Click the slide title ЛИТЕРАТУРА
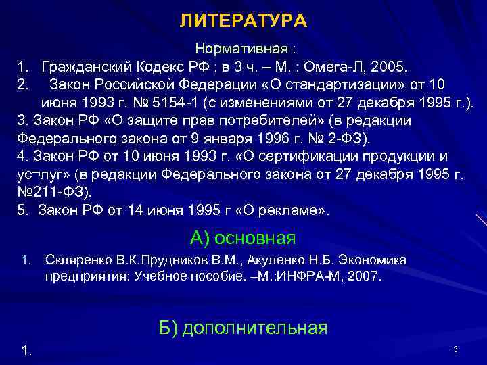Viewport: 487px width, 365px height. click(x=243, y=22)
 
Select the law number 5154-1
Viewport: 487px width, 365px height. click(x=204, y=103)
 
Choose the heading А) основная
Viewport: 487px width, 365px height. click(x=243, y=238)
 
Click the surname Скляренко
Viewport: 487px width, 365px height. click(x=76, y=260)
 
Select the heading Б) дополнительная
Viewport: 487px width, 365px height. click(x=243, y=328)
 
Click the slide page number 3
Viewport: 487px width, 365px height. click(x=455, y=349)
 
